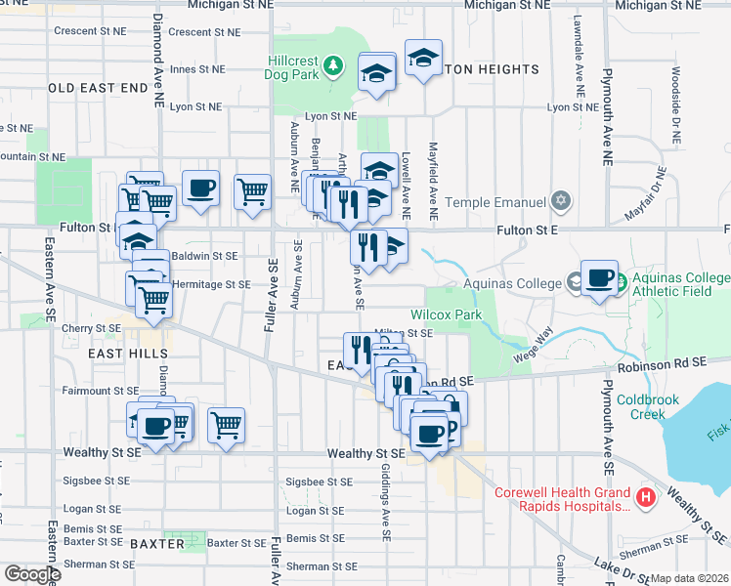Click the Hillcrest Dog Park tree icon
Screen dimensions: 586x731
coord(334,66)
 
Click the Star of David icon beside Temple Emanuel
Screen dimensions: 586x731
coord(559,202)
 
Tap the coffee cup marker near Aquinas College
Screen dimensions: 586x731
coord(599,277)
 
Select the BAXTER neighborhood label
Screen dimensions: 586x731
coord(157,543)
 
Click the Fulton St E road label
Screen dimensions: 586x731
coord(526,230)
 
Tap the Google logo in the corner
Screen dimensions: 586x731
coord(33,574)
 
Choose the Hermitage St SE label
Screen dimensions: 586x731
coord(211,285)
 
